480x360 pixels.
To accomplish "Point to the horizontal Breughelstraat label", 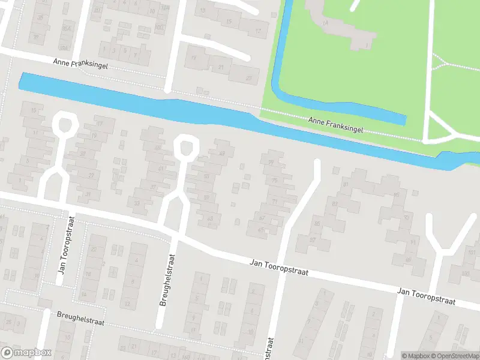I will (x=80, y=318).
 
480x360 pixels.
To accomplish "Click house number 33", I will (x=137, y=203).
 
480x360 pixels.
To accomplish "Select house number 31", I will (x=89, y=194).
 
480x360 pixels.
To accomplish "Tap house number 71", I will (x=275, y=202).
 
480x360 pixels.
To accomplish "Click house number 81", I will (x=345, y=185).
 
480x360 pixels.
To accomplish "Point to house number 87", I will (x=313, y=239).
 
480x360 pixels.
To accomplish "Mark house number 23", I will (x=249, y=79).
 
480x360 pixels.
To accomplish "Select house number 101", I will (x=471, y=253).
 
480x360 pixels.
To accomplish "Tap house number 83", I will (x=335, y=204).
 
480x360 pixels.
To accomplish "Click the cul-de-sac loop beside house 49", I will (x=186, y=146).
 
